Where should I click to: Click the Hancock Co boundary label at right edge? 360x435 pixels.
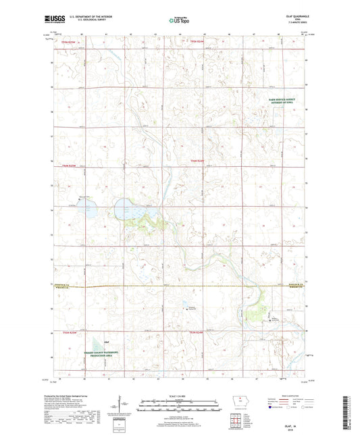[298, 284]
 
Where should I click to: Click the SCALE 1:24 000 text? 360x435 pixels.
[180, 396]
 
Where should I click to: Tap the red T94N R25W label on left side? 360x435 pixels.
[66, 165]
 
